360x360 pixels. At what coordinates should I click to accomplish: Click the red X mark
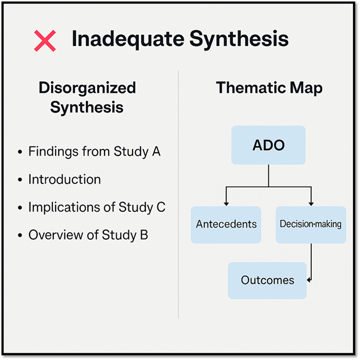[45, 41]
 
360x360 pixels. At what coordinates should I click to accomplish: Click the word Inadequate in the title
[128, 39]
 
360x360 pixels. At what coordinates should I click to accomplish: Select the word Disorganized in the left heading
[87, 88]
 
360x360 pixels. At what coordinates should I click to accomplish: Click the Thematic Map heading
[269, 88]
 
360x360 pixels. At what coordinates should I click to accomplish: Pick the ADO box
[268, 145]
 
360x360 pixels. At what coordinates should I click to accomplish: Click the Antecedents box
[226, 225]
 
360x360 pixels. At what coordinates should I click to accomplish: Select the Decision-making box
[311, 225]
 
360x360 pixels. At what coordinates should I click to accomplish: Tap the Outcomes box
[267, 280]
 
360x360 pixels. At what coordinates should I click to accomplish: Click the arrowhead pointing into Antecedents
[226, 204]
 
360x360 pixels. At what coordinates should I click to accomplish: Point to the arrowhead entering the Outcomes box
[309, 280]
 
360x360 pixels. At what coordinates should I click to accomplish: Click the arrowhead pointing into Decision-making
[311, 204]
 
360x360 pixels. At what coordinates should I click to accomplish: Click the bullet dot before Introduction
[20, 180]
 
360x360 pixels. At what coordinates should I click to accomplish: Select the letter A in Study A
[156, 152]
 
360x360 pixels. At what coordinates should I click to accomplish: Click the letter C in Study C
[161, 207]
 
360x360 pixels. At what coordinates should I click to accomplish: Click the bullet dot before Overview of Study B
[20, 235]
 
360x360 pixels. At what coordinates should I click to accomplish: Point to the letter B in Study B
[144, 235]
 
